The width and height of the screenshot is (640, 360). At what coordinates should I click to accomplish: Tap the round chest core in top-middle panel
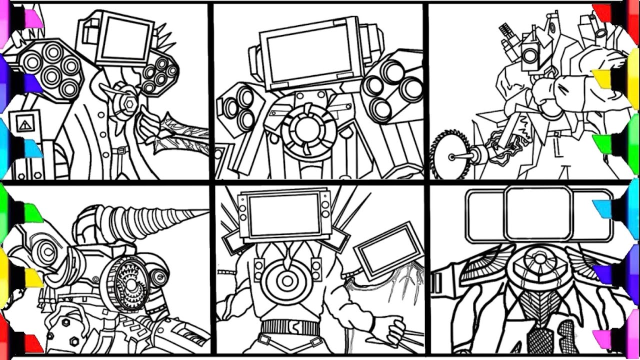[305, 129]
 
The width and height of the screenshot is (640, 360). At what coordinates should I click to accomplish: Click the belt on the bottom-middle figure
[290, 327]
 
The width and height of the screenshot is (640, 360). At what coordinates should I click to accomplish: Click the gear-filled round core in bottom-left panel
[129, 285]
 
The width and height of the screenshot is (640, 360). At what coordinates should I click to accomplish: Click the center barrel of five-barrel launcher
[51, 75]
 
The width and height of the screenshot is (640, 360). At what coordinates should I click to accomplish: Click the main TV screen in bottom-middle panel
[284, 215]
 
